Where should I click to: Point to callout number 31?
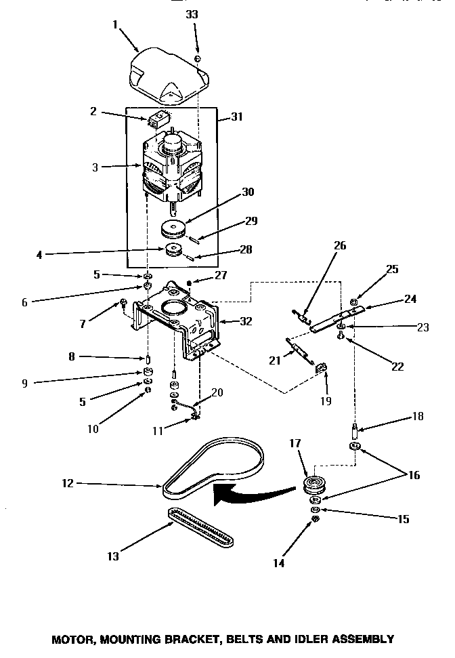(236, 117)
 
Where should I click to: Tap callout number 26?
(341, 246)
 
